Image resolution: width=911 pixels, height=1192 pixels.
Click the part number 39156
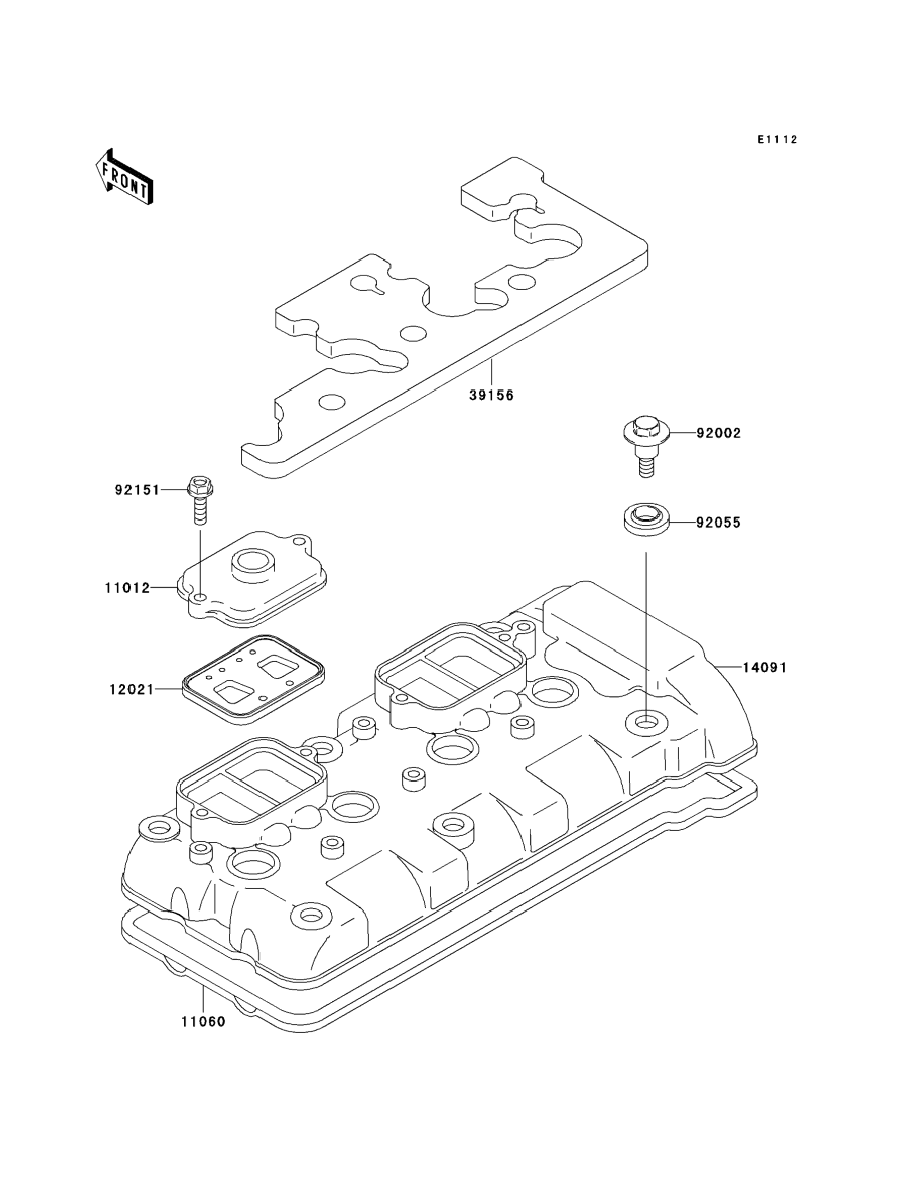coord(491,396)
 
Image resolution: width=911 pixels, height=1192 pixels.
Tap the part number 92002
coord(719,434)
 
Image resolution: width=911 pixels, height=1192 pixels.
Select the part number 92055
coord(719,523)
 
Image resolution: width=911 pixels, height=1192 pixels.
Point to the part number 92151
coord(137,490)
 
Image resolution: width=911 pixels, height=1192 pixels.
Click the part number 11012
coord(127,587)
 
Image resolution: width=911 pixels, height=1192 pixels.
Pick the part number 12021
coord(132,690)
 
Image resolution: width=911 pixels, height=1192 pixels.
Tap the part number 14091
coord(765,668)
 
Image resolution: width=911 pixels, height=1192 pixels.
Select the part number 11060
coord(203,1022)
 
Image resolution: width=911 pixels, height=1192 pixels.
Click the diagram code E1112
coord(778,140)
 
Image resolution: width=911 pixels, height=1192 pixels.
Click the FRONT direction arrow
coord(124,177)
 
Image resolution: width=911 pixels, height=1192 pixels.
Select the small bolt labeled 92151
coord(199,500)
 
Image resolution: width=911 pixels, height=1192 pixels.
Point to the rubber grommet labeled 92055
coord(645,521)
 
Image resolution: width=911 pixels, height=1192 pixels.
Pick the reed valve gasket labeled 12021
coord(253,679)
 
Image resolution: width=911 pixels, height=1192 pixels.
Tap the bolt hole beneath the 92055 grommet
coord(646,722)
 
